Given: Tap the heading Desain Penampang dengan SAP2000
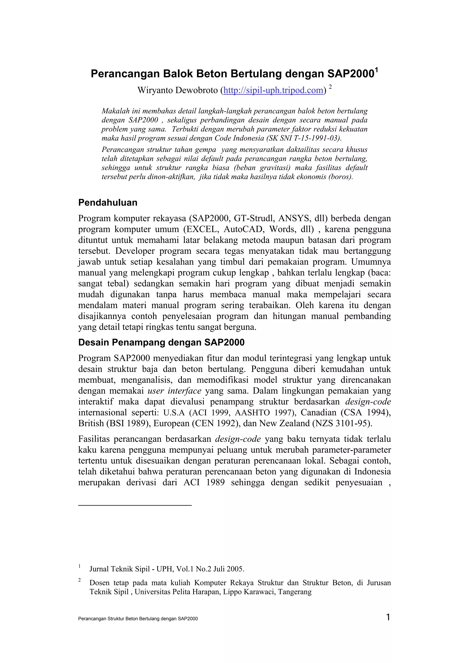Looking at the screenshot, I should (161, 342).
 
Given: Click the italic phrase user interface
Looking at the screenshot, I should (174, 391).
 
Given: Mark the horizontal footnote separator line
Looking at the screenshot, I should (135, 505).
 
